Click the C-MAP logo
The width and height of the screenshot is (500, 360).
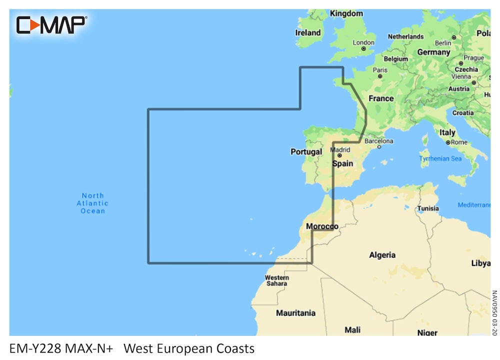point(51,24)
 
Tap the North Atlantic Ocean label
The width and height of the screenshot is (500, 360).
point(92,203)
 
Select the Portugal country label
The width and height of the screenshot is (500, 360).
point(306,151)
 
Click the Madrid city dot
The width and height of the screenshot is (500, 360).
point(339,155)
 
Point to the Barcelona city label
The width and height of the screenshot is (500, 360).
point(378,141)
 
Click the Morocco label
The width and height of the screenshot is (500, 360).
point(322,226)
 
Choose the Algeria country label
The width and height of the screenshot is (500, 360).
point(382,255)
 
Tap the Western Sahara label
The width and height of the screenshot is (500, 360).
point(277,280)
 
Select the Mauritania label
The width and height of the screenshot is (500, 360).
point(296,313)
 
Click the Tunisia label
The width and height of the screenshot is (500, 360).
point(428,208)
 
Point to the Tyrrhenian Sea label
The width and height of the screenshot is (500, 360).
point(440,158)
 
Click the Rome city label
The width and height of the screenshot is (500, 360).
point(459,142)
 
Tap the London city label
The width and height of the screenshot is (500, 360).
point(363,42)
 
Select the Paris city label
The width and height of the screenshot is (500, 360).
point(380,70)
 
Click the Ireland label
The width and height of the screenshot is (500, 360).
point(308,32)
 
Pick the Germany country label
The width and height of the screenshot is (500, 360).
point(433,52)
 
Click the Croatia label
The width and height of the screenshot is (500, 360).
point(463,113)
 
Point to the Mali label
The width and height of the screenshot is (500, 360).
point(352,329)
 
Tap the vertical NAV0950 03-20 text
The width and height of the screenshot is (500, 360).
point(494,313)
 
